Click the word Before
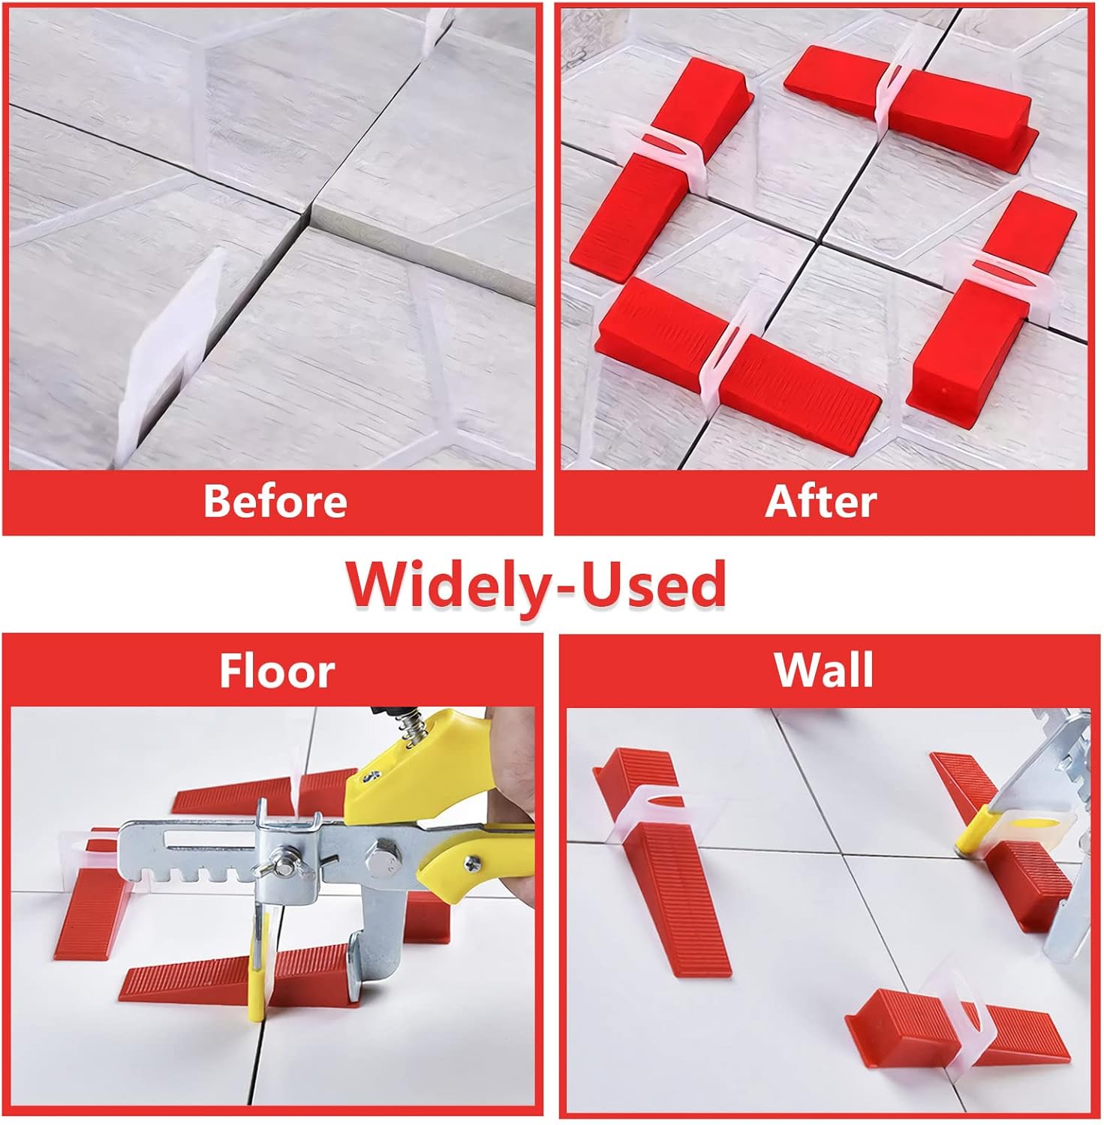pos(275,501)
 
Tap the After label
pos(820,501)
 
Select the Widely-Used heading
pos(536,585)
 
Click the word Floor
pos(276,670)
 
